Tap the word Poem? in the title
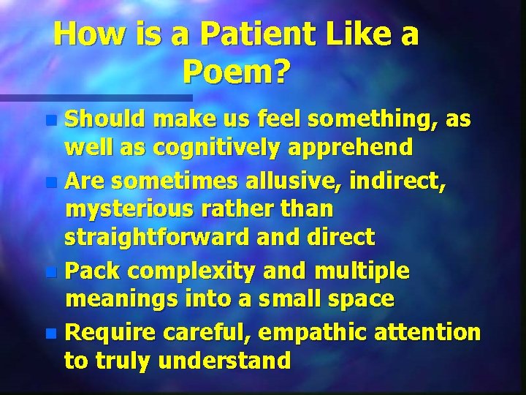(x=237, y=72)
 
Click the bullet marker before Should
(x=50, y=118)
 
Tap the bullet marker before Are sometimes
(x=50, y=180)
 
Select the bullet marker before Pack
(x=50, y=272)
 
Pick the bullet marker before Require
(x=50, y=334)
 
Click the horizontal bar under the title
(x=95, y=97)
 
